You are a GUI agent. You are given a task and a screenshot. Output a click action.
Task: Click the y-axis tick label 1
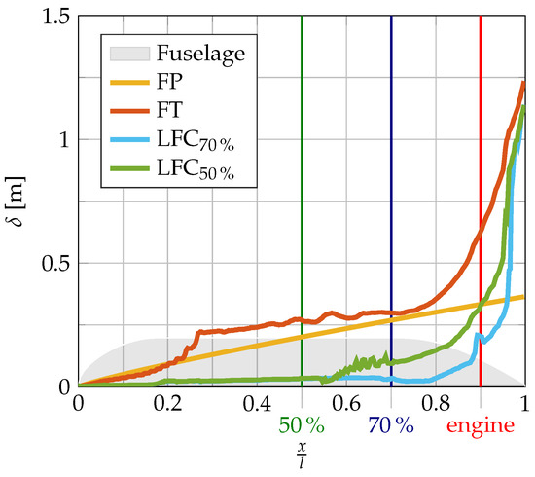[60, 139]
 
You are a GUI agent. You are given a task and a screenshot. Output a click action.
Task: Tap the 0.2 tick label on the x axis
[167, 402]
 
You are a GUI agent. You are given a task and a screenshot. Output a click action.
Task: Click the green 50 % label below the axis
[302, 426]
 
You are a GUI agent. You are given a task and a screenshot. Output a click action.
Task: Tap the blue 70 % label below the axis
[391, 426]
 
